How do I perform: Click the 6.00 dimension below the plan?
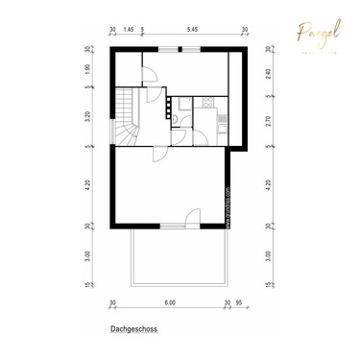[x=170, y=302]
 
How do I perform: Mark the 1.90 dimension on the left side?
[x=87, y=69]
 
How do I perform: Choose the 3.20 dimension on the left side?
[x=87, y=119]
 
